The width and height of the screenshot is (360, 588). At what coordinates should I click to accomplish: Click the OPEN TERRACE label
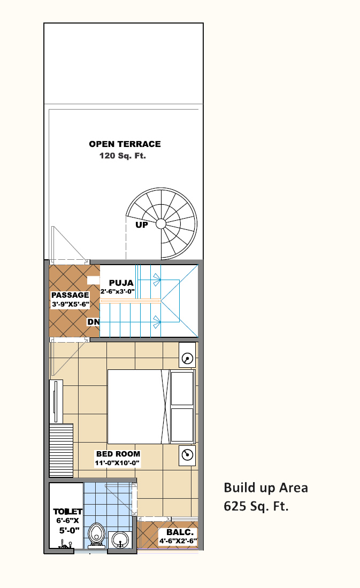(125, 144)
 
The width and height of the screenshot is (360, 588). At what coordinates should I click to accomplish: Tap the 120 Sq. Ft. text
(122, 156)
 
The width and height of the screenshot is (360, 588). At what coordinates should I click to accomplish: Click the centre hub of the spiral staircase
(161, 224)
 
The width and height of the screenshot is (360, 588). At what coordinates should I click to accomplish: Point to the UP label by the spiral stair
(142, 225)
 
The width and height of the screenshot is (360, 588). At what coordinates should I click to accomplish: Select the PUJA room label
(121, 283)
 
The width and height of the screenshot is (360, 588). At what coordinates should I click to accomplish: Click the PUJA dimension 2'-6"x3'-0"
(118, 291)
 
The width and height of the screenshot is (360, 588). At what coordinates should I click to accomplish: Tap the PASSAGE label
(70, 295)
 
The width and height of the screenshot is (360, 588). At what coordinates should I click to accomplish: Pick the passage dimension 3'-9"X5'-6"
(70, 304)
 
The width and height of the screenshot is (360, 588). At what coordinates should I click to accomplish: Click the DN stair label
(94, 322)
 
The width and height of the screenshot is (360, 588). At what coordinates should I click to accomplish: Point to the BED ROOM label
(118, 454)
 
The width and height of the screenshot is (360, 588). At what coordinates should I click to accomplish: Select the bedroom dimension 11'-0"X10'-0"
(117, 463)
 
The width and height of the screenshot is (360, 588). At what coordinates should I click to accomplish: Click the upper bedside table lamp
(187, 359)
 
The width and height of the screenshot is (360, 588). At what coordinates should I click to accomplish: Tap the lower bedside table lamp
(187, 455)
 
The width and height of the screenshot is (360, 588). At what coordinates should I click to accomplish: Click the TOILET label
(67, 512)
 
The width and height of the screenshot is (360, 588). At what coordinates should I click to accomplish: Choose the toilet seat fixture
(96, 536)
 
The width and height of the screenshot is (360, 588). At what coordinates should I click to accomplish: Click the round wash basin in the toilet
(120, 541)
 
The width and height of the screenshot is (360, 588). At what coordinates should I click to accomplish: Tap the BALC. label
(180, 532)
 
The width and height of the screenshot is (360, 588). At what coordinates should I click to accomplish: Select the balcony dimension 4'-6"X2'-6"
(178, 541)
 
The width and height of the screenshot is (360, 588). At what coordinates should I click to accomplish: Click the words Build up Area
(266, 488)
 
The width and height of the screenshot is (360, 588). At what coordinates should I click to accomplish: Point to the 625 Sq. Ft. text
(256, 506)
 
